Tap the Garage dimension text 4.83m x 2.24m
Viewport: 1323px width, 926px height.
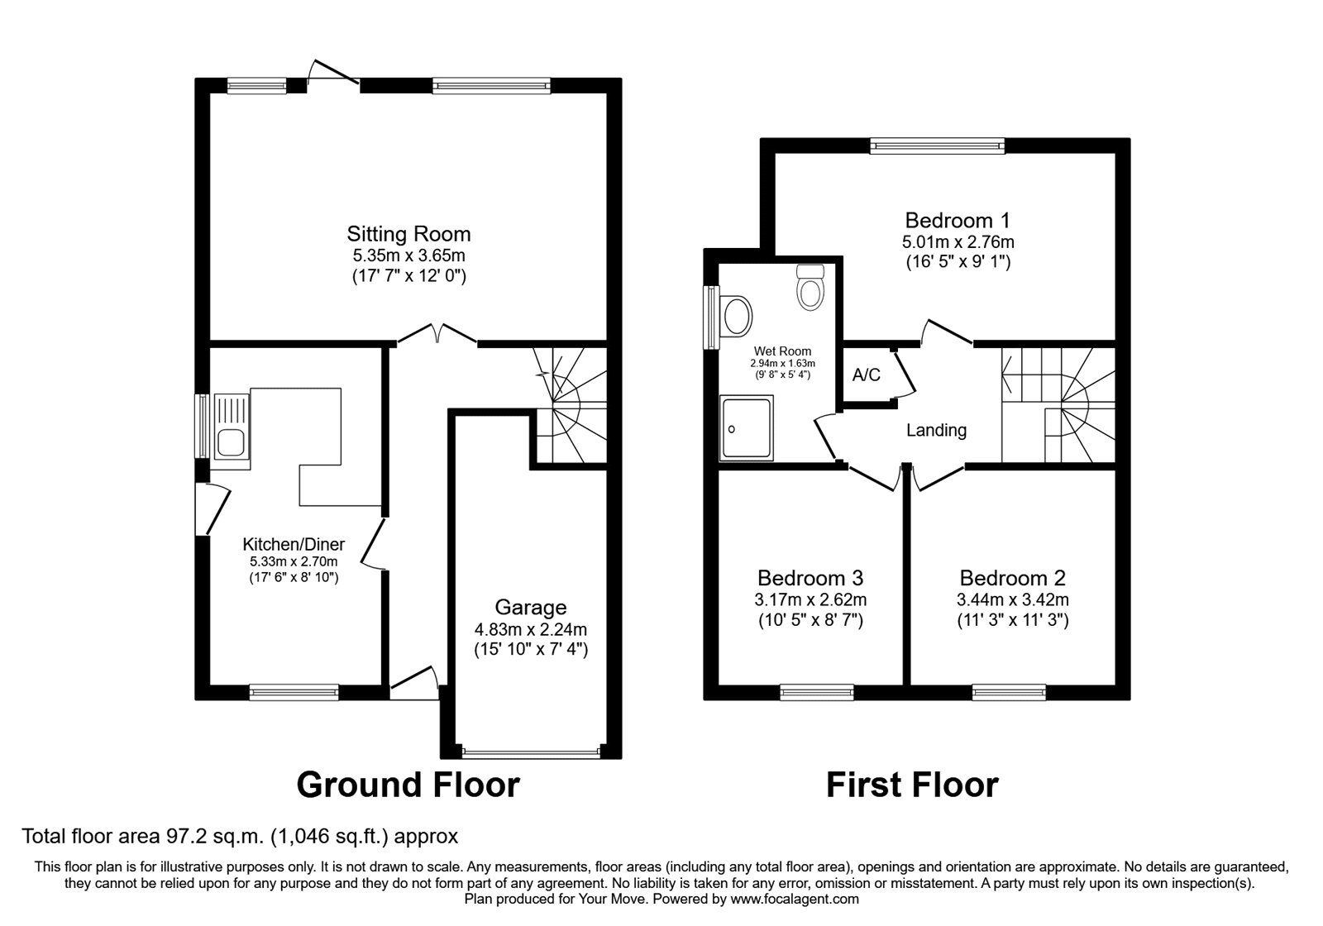[530, 629]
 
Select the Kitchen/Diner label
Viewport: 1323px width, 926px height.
[294, 544]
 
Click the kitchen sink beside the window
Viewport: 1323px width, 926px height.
[231, 427]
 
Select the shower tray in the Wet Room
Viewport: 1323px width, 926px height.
[747, 427]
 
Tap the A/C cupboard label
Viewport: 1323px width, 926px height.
[866, 375]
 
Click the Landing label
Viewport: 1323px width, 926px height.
[936, 430]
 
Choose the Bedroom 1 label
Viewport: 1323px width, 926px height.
[958, 221]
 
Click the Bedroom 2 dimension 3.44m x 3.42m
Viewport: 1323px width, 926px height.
[1012, 599]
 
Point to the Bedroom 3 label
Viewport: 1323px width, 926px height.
[810, 577]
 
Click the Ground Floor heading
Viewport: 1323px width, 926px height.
[408, 785]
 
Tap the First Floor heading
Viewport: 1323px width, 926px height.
[912, 785]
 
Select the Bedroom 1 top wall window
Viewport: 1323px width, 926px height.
[937, 146]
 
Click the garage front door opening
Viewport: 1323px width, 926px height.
[531, 752]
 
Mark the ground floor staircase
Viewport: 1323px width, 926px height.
[571, 405]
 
